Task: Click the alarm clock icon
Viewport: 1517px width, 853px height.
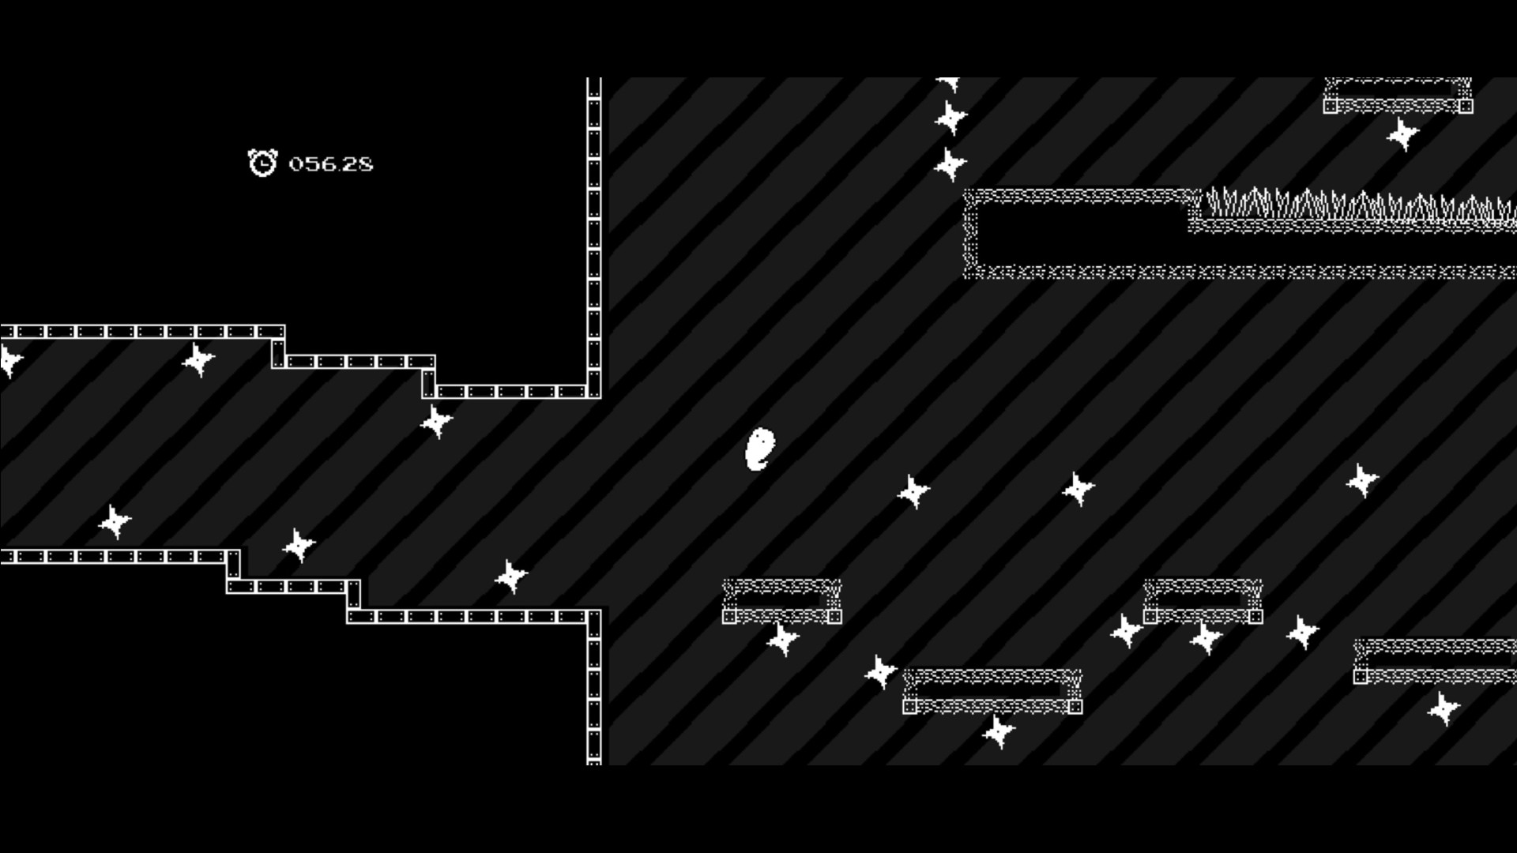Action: (262, 163)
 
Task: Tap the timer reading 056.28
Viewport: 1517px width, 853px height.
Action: (331, 164)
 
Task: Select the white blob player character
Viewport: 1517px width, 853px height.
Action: (760, 449)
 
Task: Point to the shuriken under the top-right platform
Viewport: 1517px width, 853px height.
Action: (1403, 134)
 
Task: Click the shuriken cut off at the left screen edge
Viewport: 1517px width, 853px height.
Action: (9, 361)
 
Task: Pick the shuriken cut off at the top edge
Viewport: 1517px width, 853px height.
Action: (949, 83)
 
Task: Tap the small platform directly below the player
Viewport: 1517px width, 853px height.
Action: (782, 602)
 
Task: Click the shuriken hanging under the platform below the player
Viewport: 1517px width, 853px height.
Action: (783, 639)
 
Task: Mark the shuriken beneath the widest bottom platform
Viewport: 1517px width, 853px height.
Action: (999, 731)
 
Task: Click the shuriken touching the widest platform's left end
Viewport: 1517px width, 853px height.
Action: (881, 671)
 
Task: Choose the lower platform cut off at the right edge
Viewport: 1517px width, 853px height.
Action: (1435, 662)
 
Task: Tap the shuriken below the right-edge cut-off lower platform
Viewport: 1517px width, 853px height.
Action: (1444, 708)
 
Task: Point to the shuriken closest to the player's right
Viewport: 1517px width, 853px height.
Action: (914, 491)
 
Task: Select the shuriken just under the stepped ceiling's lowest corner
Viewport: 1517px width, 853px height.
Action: (437, 421)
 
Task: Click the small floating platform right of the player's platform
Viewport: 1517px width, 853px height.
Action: (1203, 602)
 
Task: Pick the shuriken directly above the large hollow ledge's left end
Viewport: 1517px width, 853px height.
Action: (950, 164)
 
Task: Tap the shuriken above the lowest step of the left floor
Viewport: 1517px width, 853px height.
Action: (511, 577)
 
